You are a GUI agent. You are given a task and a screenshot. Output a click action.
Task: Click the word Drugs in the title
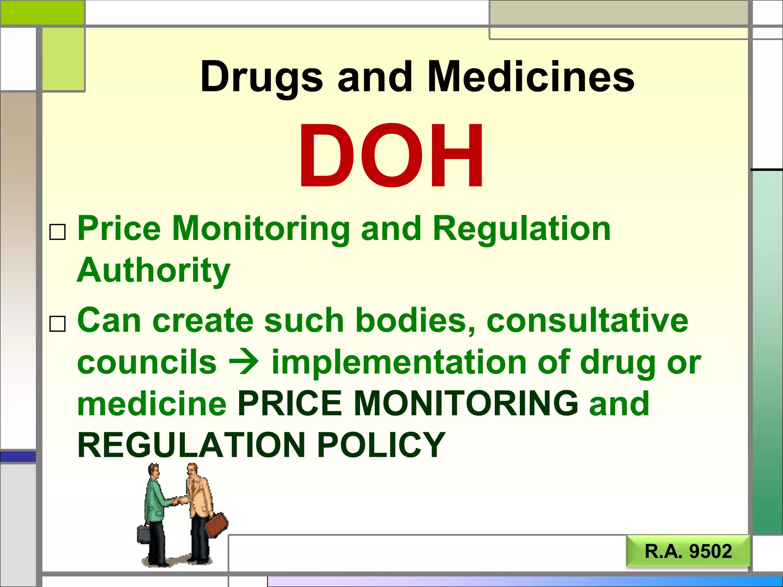click(262, 77)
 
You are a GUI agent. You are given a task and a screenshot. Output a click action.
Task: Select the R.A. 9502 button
click(688, 551)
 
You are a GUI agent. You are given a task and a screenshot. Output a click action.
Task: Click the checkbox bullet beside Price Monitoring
click(58, 232)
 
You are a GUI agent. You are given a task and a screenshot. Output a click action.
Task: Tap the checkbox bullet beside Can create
click(58, 324)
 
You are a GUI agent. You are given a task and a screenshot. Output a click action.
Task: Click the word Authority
click(154, 271)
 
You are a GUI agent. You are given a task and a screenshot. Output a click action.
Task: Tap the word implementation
click(399, 362)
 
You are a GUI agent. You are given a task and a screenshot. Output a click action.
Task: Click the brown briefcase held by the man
click(216, 525)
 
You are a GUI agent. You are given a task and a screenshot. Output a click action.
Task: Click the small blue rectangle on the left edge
click(18, 456)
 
